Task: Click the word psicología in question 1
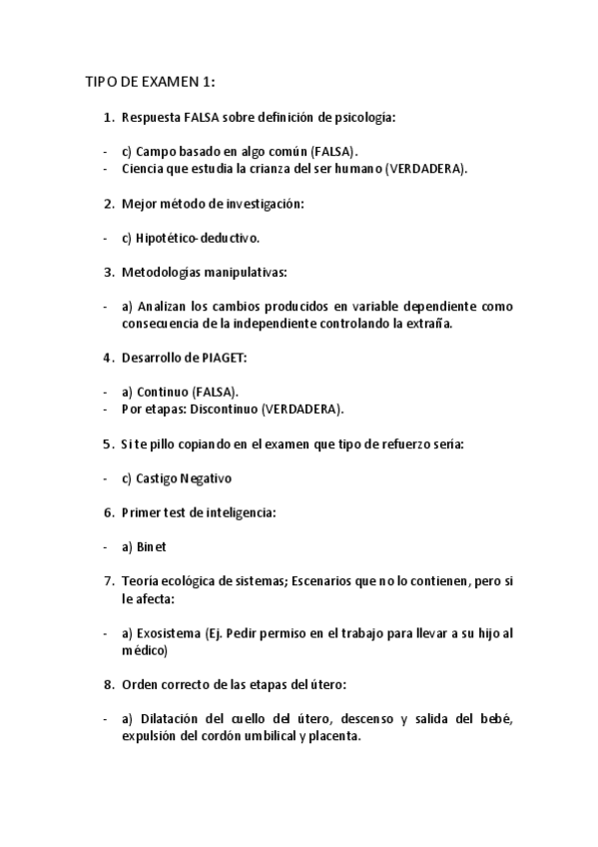[363, 118]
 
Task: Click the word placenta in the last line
[331, 736]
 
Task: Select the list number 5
[108, 444]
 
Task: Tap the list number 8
[108, 685]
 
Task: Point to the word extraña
[430, 324]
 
